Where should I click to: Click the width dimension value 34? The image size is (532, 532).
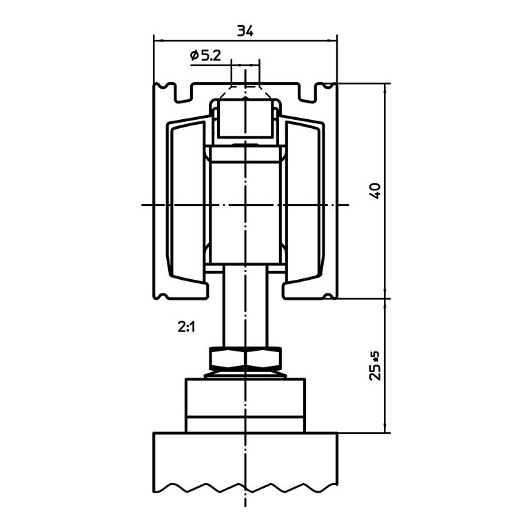point(245,31)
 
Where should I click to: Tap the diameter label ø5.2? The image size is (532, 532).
point(205,55)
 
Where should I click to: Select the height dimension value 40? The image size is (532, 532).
point(376,191)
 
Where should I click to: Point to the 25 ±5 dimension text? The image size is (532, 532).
point(376,366)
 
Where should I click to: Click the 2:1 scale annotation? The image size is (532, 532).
point(186,327)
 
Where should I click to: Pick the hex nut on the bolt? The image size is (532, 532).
point(245,358)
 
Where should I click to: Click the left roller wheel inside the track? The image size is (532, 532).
point(187,203)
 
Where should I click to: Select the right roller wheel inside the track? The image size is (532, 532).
point(303,203)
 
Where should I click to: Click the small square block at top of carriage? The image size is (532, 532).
point(245,119)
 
